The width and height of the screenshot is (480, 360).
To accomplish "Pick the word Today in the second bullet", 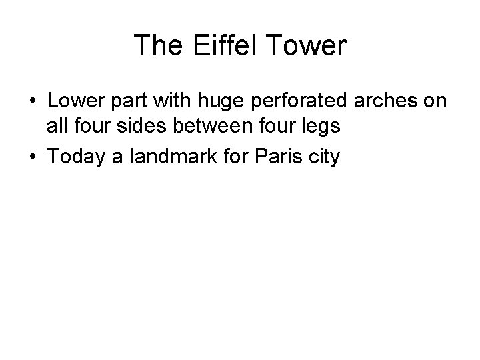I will tap(75, 158).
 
